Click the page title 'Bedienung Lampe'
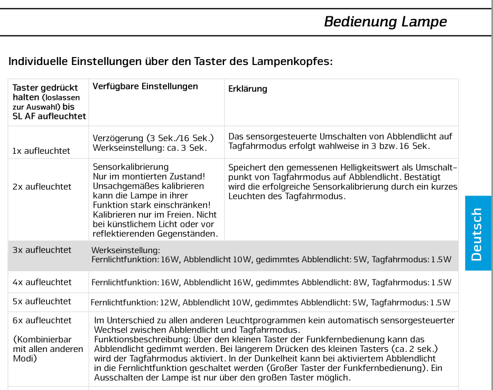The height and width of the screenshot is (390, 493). click(385, 22)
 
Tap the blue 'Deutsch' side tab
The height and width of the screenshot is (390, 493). click(477, 234)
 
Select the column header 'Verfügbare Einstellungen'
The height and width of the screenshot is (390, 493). click(145, 86)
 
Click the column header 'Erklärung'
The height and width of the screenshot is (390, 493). click(247, 89)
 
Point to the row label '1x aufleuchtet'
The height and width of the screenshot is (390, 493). click(41, 151)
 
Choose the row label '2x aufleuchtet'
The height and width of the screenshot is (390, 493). click(42, 187)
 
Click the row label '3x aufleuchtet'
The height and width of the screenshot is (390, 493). click(42, 250)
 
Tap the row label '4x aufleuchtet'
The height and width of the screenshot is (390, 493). click(42, 282)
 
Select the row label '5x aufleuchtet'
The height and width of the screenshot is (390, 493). click(42, 301)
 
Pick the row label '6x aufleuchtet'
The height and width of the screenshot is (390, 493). click(42, 320)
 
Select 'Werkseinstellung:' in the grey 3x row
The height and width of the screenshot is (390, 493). click(126, 250)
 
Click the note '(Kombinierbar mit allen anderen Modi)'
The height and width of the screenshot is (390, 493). click(48, 349)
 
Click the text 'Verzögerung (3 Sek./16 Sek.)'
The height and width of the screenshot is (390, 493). click(153, 138)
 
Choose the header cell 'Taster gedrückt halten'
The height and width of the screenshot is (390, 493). click(45, 92)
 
